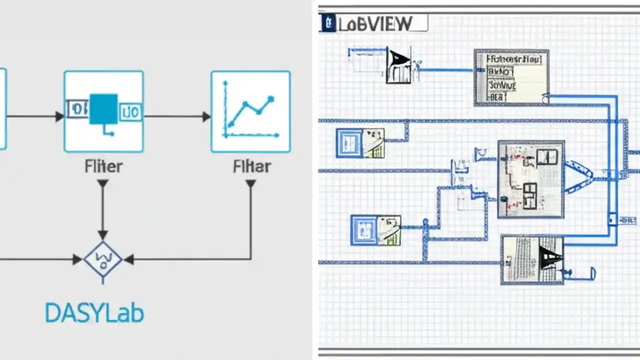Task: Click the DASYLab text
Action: (94, 313)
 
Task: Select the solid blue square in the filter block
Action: (103, 109)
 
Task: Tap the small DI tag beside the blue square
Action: (78, 108)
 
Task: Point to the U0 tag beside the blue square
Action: (131, 111)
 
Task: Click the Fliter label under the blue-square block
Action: (103, 166)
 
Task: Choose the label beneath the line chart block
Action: (251, 166)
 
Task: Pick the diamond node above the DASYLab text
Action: (103, 259)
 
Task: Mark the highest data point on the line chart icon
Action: (271, 99)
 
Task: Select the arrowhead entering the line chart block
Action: (206, 116)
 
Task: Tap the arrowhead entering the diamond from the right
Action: (129, 259)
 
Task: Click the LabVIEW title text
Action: (375, 23)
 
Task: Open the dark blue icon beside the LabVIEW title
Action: (328, 23)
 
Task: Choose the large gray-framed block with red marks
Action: (531, 178)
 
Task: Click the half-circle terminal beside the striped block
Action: (593, 273)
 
